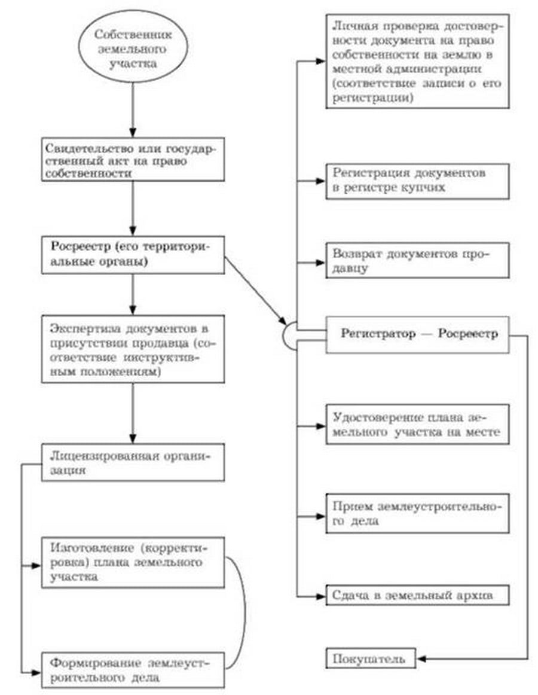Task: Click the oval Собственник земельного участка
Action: tap(133, 48)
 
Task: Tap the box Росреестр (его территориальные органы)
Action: tap(133, 255)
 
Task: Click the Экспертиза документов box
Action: tap(133, 350)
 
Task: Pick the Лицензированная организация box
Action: tap(133, 462)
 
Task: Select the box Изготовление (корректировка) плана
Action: tap(133, 562)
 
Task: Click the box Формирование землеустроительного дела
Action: tap(133, 670)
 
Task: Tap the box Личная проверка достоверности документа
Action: tap(417, 60)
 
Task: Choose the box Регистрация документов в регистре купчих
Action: tap(417, 180)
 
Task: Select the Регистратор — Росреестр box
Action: tap(417, 335)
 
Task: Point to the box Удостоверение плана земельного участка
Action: tap(417, 424)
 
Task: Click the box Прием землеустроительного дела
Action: tap(417, 513)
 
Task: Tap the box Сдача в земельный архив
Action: tap(417, 596)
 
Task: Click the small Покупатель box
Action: tap(371, 659)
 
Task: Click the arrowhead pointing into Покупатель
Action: tap(421, 659)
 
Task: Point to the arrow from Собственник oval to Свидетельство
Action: tap(133, 108)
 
